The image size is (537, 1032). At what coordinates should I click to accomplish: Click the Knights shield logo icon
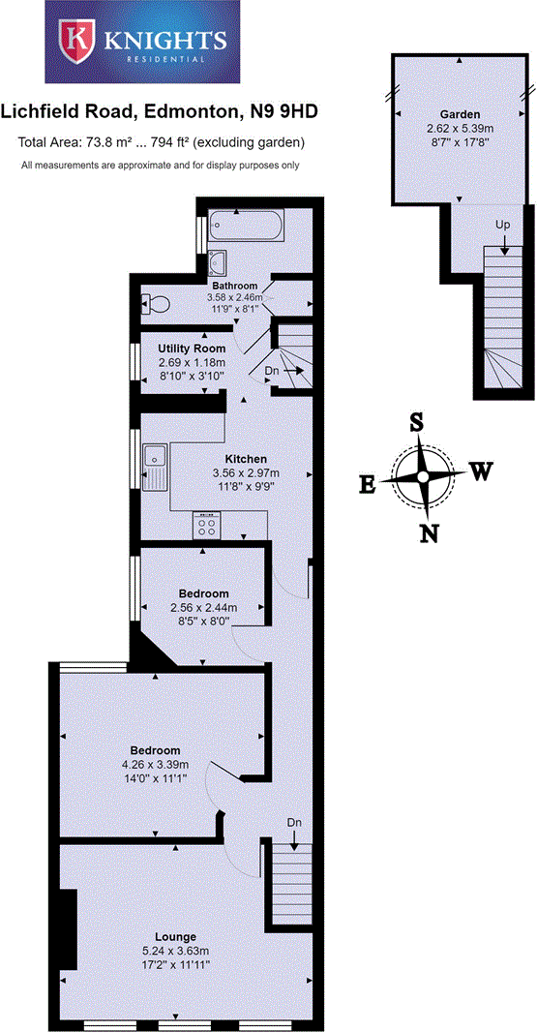tap(75, 42)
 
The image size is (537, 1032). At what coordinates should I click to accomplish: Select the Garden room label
tap(461, 113)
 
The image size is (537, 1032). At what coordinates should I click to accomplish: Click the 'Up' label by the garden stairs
tap(502, 225)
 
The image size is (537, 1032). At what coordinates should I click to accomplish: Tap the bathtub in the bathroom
tap(244, 227)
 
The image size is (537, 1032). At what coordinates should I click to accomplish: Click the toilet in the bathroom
tap(155, 304)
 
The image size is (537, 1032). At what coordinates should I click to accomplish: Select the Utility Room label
tap(193, 348)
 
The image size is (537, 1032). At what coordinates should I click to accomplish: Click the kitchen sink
tap(155, 464)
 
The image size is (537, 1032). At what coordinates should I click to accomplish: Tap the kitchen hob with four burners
tap(207, 526)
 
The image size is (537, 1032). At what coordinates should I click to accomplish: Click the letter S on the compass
tap(417, 423)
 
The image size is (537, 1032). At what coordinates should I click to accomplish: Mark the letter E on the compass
tap(368, 485)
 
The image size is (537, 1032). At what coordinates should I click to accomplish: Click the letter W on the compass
tap(481, 471)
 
